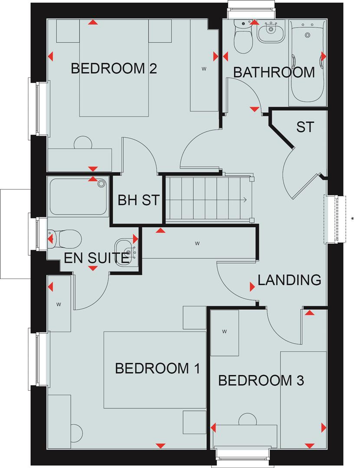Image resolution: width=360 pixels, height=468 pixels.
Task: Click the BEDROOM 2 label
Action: (114, 68)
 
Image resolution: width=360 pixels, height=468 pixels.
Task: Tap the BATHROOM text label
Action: (274, 72)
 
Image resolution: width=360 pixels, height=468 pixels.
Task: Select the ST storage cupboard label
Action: (304, 127)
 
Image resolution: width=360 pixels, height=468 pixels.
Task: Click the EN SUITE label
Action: (96, 259)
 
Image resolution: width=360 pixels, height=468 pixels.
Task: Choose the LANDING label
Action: (289, 280)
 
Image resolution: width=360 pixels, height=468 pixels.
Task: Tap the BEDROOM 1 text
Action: (157, 369)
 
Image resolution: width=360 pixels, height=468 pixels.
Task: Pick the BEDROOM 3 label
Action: (261, 381)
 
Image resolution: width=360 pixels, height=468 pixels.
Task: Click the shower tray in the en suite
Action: (79, 197)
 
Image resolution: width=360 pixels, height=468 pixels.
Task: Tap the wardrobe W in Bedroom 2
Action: (204, 68)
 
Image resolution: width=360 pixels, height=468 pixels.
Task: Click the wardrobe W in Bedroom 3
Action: (224, 332)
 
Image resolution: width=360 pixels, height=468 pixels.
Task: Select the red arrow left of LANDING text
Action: (252, 286)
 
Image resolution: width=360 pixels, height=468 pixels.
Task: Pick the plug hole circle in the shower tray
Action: (101, 184)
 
